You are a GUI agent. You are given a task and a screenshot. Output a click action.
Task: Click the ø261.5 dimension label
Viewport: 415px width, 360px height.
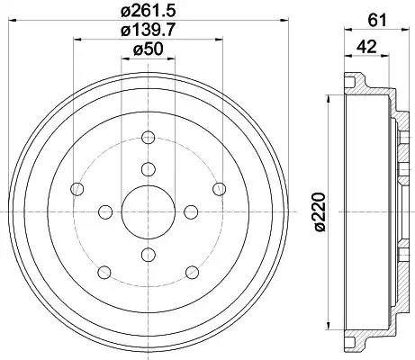(148, 12)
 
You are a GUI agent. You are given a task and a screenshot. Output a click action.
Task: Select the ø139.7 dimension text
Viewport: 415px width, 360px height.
(148, 30)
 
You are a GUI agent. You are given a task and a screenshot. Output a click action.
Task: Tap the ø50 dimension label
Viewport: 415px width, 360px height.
(148, 49)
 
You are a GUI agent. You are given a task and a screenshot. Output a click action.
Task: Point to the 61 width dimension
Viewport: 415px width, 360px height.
(376, 21)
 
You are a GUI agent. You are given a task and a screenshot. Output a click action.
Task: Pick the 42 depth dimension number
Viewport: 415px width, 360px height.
(366, 47)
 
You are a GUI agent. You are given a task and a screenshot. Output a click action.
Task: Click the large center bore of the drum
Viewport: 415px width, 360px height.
(148, 212)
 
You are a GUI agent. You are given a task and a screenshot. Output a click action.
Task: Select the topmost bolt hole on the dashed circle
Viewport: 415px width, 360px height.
(148, 138)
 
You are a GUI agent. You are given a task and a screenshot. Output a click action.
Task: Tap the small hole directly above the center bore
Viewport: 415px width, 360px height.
(148, 169)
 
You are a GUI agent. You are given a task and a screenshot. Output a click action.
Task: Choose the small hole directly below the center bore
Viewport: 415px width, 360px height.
(148, 255)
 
